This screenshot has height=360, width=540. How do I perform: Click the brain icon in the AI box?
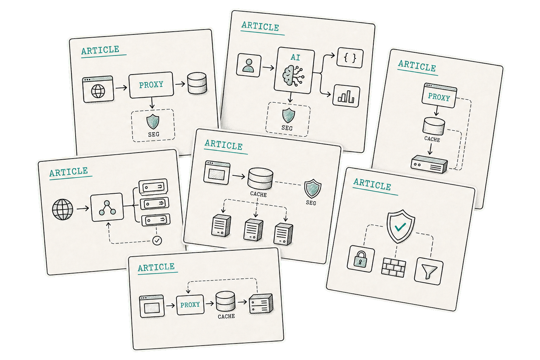[293, 76]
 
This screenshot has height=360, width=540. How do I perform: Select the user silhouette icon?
[248, 65]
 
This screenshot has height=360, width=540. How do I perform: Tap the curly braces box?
[350, 58]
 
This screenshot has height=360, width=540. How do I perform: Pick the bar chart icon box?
[346, 96]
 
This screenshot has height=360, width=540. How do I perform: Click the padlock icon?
[360, 259]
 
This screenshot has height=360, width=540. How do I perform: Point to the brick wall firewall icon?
[393, 268]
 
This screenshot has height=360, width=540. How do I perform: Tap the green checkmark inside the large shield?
[400, 227]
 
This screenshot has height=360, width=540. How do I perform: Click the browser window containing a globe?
[98, 89]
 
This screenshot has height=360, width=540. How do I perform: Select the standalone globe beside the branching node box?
[63, 209]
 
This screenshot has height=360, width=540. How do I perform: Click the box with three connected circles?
[107, 207]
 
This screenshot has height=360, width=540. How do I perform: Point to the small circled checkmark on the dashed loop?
[157, 240]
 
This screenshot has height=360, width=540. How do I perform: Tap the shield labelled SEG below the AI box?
[289, 115]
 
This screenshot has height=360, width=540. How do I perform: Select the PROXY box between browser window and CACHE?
[190, 304]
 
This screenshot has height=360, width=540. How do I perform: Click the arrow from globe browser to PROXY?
[121, 88]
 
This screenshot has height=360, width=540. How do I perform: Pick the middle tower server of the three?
[253, 230]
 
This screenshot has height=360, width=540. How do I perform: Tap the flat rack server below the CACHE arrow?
[429, 164]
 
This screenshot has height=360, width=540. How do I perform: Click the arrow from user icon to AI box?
[268, 68]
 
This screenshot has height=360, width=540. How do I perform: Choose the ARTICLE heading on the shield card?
[372, 185]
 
